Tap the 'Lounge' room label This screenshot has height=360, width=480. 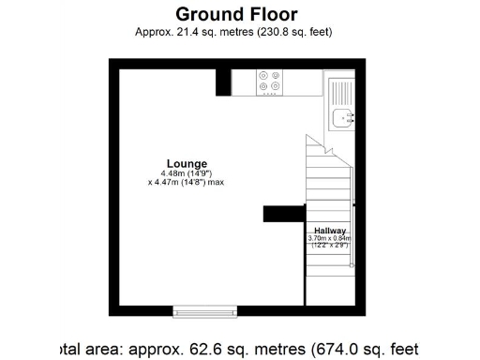click(187, 164)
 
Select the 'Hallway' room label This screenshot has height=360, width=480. click(330, 231)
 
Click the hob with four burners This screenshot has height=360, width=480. click(271, 84)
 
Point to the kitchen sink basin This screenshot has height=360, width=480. click(342, 117)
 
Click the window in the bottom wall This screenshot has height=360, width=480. click(204, 310)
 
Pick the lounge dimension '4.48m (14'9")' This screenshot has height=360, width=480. click(187, 173)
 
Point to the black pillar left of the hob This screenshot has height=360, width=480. click(223, 82)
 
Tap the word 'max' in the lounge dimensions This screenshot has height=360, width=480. click(216, 182)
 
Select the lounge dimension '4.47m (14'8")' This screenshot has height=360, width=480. click(179, 182)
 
